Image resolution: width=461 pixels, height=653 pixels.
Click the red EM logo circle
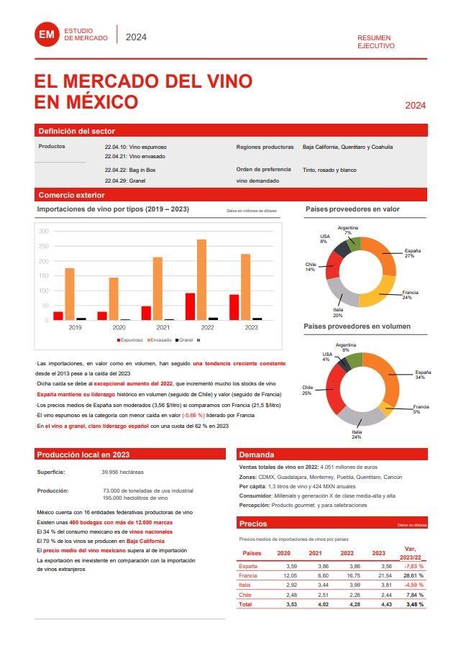click(x=46, y=33)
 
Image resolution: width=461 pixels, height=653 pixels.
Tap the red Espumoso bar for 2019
click(x=58, y=316)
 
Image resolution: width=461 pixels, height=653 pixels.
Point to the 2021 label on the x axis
click(x=152, y=327)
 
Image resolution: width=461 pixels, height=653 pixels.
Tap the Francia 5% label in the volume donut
click(x=421, y=409)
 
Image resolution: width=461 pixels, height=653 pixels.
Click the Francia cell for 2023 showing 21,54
click(x=378, y=576)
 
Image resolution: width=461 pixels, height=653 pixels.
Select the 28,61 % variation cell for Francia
click(x=414, y=576)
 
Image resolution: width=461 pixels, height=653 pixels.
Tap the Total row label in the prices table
click(x=245, y=604)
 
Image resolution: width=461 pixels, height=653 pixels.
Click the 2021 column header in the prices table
click(x=315, y=553)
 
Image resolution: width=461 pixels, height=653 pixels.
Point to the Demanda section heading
click(x=257, y=455)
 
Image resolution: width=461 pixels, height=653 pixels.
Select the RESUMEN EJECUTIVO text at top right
click(x=376, y=41)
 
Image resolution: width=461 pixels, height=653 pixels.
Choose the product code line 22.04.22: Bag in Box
click(x=131, y=170)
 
